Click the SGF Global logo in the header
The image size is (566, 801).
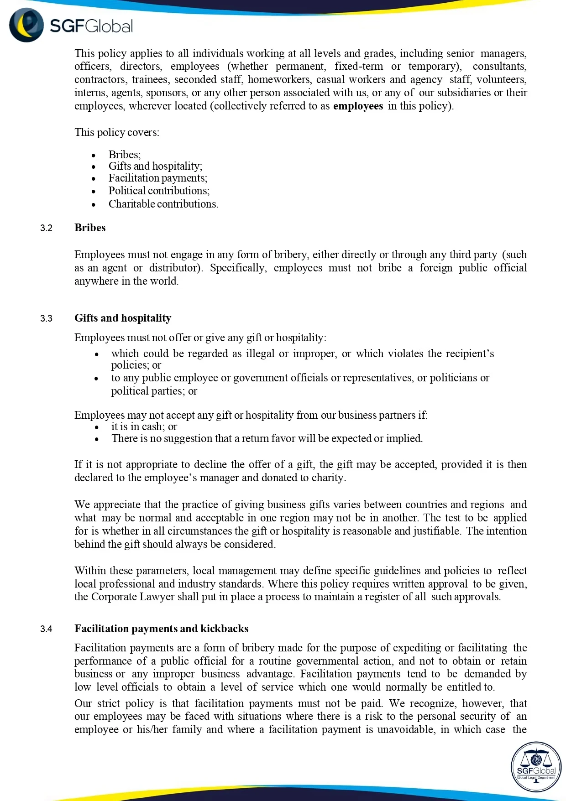point(71,26)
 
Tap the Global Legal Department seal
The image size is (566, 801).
point(536,766)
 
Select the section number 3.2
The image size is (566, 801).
point(46,228)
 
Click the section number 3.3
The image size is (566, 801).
point(46,318)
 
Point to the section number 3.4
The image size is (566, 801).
point(46,629)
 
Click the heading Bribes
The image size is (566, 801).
point(90,228)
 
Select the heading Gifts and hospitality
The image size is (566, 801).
point(123,318)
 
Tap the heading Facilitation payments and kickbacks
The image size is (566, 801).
point(161,629)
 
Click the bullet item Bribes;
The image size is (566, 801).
point(125,155)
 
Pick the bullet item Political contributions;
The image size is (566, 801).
point(159,191)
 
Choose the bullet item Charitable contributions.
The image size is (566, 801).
point(163,204)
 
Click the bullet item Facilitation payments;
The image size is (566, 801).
point(157,178)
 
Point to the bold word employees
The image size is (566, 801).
point(358,106)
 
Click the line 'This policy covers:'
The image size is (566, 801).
point(117,132)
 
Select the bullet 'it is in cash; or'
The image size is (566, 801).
point(144,427)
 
